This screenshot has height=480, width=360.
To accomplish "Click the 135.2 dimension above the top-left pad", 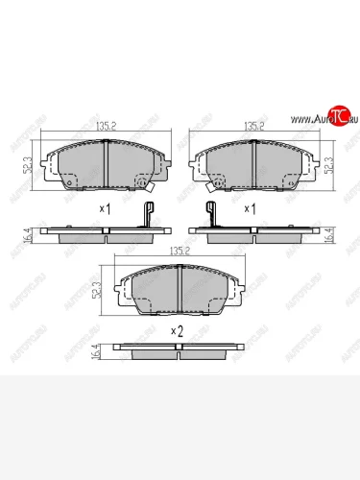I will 105,124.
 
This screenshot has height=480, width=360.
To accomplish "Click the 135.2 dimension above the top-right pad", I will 253,124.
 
